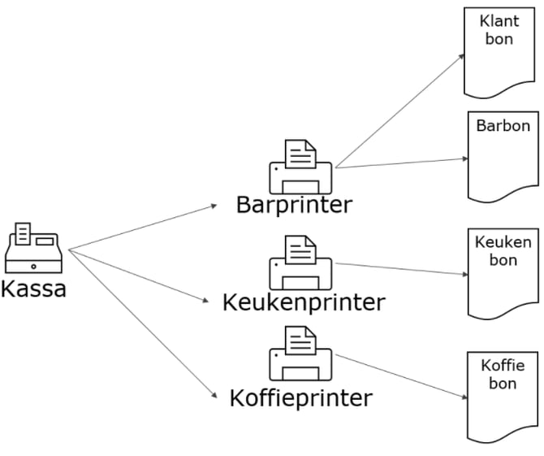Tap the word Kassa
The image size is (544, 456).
click(x=33, y=289)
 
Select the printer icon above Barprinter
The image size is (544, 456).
click(x=300, y=167)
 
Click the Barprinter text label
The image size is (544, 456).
click(x=294, y=204)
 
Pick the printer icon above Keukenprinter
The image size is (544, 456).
click(x=300, y=263)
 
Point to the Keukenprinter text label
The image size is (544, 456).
click(x=303, y=302)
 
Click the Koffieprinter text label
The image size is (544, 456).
click(x=300, y=398)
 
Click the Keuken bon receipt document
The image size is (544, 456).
click(x=503, y=272)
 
